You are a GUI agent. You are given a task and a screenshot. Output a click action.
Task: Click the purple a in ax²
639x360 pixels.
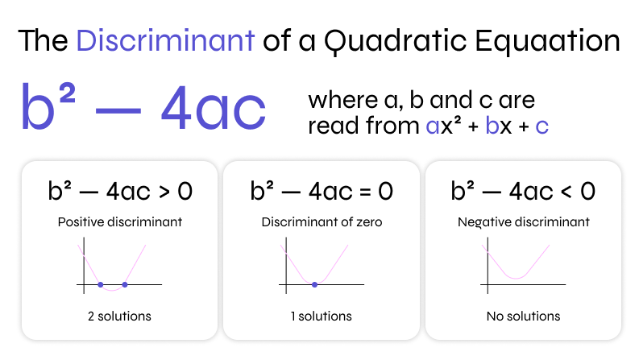[x=434, y=126]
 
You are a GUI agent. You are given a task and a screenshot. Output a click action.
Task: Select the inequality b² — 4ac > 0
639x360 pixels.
[x=119, y=191]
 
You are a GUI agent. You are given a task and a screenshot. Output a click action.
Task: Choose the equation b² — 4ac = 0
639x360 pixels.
[x=321, y=191]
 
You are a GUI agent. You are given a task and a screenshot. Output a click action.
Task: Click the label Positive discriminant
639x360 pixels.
[x=119, y=221]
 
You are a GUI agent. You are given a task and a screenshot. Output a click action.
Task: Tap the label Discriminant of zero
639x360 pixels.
[x=321, y=221]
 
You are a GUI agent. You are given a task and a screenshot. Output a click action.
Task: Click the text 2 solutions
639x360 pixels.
[x=119, y=316]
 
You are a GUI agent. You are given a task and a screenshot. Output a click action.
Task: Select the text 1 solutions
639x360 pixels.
[x=321, y=316]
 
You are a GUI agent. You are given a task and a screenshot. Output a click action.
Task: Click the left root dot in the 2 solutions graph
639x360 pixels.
[x=100, y=284]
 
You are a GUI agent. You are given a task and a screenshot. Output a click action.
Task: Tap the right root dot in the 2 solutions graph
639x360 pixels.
[x=125, y=284]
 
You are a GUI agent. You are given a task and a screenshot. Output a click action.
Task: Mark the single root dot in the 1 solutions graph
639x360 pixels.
[x=314, y=284]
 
